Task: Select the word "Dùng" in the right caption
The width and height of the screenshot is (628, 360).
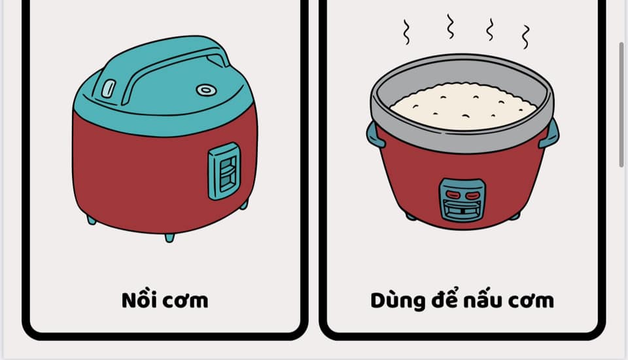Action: pos(397,300)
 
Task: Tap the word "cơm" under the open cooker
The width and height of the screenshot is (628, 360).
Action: pos(531,301)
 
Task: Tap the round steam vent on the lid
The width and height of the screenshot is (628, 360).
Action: pos(206,90)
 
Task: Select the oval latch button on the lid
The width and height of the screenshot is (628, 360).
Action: pos(108,88)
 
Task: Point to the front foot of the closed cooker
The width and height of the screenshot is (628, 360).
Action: pos(169,238)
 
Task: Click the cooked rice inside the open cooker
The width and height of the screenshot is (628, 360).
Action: pos(463,106)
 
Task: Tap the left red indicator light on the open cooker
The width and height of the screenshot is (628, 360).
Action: pos(453,195)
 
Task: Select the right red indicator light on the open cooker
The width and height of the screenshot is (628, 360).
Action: pos(472,195)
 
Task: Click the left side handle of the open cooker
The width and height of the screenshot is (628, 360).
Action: pos(374,135)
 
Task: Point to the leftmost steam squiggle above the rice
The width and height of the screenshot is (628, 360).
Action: pos(406,31)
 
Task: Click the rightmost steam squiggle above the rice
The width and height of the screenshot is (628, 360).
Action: pos(525,37)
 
